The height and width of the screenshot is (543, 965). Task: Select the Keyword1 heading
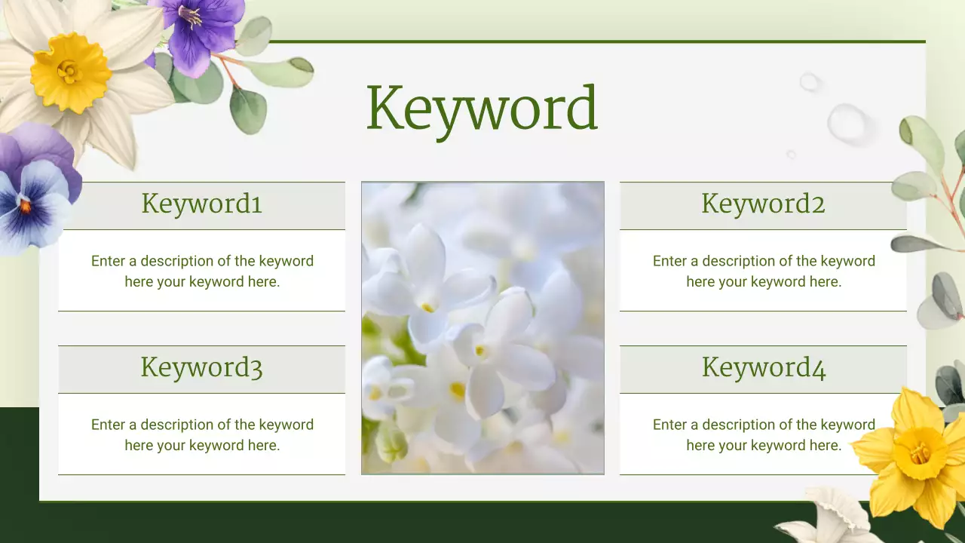point(201,204)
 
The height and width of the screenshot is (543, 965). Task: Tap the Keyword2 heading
point(763,204)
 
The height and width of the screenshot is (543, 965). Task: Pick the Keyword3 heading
point(201,367)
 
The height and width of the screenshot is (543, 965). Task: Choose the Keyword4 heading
point(763,367)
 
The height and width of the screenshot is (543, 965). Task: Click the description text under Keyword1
point(202,271)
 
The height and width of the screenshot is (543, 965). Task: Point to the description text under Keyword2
point(764,271)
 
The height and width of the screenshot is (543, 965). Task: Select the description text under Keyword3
point(202,435)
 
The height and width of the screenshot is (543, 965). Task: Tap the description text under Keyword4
point(764,435)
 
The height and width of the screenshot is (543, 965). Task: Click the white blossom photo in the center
point(482,328)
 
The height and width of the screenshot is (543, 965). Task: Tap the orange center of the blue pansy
point(25,205)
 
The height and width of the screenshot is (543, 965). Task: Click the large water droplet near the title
point(847,123)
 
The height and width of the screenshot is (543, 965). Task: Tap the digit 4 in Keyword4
point(819,369)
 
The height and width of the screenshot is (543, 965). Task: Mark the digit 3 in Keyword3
point(255,369)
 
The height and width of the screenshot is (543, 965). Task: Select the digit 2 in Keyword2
point(818,204)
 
